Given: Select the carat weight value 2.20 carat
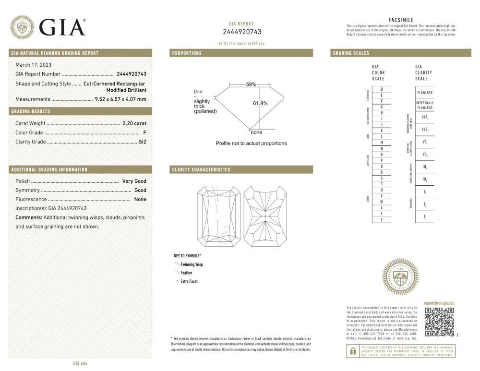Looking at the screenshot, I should coord(134,123).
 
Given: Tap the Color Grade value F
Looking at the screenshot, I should coord(144,132).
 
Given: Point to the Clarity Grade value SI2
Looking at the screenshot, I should coord(142,142).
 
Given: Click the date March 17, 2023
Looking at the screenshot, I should coord(34,64).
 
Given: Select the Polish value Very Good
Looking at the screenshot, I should coord(134,181).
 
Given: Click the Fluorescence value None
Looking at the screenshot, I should coord(140,199).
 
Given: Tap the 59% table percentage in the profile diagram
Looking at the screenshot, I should coord(251,84).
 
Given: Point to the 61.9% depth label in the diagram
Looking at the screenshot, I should coord(260,103).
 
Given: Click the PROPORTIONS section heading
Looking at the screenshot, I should coord(187,53).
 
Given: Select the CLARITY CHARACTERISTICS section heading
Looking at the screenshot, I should coord(201,170).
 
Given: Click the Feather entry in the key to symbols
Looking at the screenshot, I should coord(186,273).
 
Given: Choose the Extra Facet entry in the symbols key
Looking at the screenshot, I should coord(189,281).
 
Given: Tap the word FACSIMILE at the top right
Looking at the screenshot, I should coord(401,20).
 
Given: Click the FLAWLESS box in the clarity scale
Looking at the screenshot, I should coord(425,93).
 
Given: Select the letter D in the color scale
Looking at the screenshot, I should coord(382,89).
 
